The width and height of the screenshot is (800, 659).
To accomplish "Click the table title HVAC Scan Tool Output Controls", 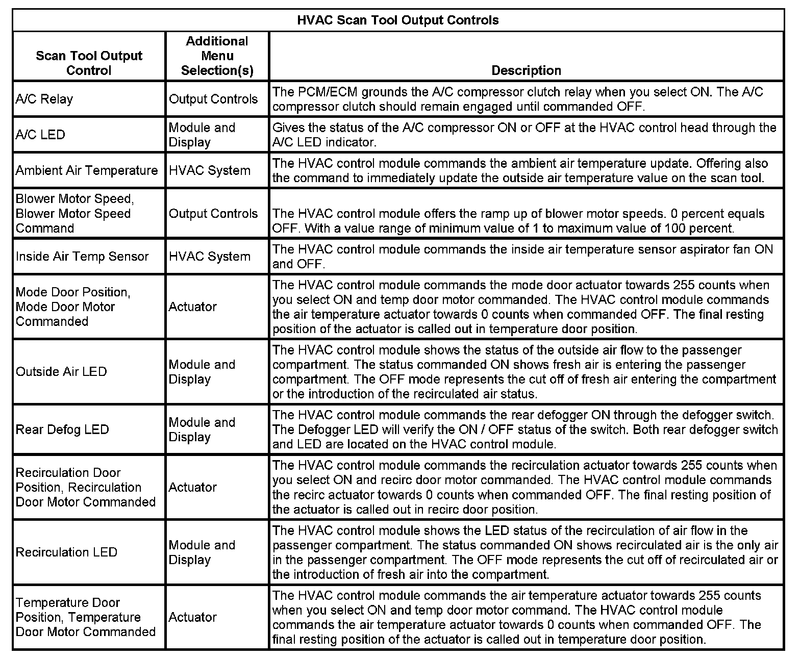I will pyautogui.click(x=398, y=20).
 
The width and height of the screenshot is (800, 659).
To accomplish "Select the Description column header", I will pyautogui.click(x=526, y=70).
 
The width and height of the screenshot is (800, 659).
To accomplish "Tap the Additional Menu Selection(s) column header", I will pyautogui.click(x=217, y=56).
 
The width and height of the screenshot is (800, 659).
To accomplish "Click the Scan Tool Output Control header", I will pyautogui.click(x=89, y=63).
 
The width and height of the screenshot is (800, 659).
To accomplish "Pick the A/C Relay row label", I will pyautogui.click(x=44, y=99).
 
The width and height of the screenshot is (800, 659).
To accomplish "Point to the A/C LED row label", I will pyautogui.click(x=40, y=135).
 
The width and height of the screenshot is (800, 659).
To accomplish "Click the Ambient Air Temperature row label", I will pyautogui.click(x=87, y=170).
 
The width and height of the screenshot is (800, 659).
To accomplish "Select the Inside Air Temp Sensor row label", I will pyautogui.click(x=82, y=256).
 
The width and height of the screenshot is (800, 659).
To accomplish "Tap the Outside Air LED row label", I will pyautogui.click(x=61, y=371).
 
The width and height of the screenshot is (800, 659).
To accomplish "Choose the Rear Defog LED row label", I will pyautogui.click(x=62, y=429).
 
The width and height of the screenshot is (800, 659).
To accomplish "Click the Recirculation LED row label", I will pyautogui.click(x=66, y=552).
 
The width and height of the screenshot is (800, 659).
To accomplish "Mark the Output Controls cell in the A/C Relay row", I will pyautogui.click(x=213, y=99).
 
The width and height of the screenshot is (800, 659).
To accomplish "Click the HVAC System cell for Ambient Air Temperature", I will pyautogui.click(x=210, y=170).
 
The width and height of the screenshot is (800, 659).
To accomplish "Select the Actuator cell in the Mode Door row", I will pyautogui.click(x=193, y=307).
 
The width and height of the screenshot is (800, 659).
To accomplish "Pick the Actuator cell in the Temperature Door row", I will pyautogui.click(x=193, y=617).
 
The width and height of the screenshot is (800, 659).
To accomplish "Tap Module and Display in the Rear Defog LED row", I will pyautogui.click(x=202, y=429).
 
